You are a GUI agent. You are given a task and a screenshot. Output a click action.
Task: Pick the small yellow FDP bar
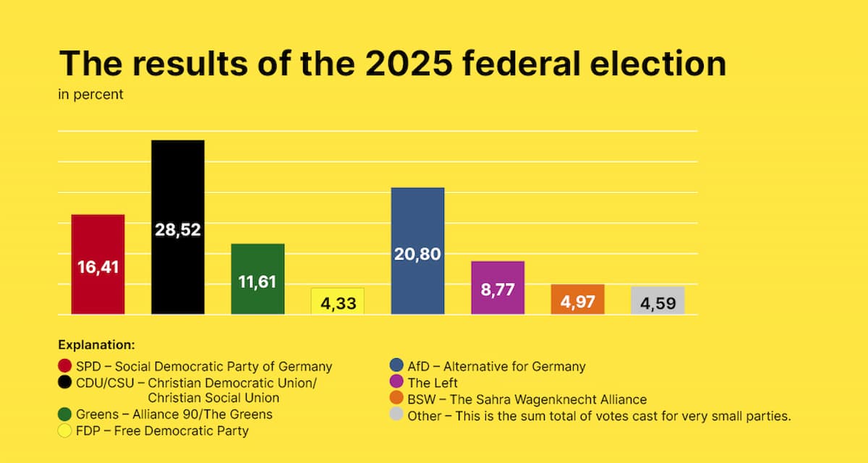[x=338, y=301]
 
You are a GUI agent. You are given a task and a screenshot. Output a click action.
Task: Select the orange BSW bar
[x=577, y=299]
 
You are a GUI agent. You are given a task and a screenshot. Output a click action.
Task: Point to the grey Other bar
[x=658, y=300]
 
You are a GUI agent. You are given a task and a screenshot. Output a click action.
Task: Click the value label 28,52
[x=177, y=230]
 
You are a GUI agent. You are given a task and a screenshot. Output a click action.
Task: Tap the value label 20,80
[x=417, y=254]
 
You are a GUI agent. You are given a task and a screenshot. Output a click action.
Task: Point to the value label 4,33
[x=338, y=304]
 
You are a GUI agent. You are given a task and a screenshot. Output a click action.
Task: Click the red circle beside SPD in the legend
[x=64, y=366]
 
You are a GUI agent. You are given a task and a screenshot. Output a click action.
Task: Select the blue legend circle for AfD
[x=396, y=366]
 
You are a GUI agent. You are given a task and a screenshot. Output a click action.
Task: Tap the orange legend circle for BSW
[x=396, y=399]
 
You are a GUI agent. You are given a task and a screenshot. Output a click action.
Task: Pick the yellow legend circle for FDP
[x=64, y=431]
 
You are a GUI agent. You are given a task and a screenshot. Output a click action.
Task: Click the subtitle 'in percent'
[x=90, y=95]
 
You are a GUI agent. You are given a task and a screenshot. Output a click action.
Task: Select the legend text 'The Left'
[x=433, y=383]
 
